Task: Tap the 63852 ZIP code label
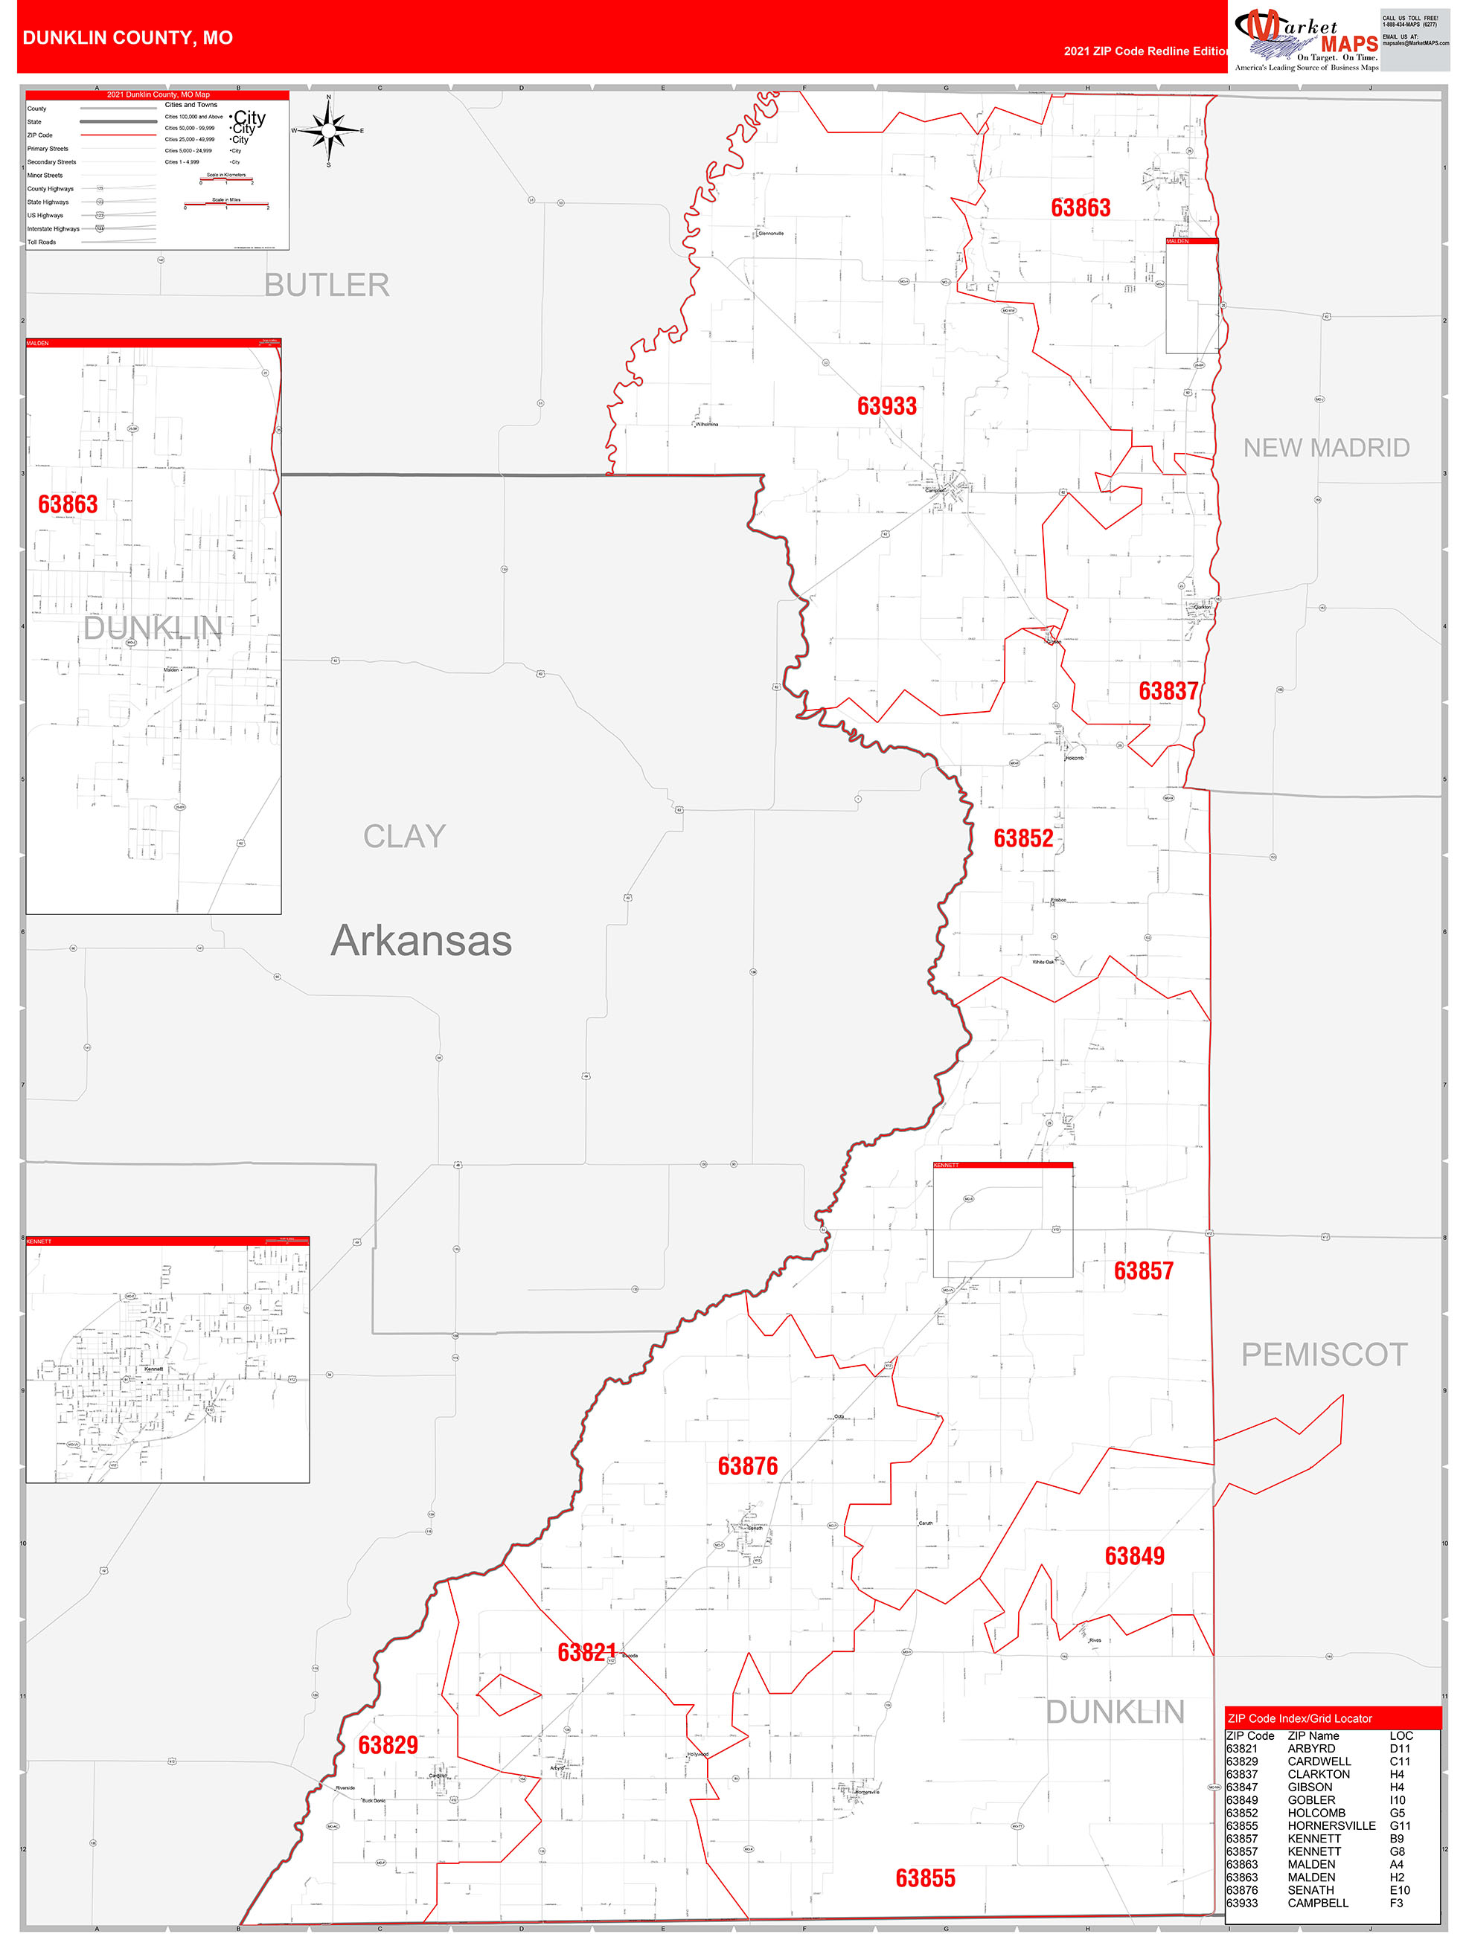(x=1022, y=838)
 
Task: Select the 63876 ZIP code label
(x=747, y=1466)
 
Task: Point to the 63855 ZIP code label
(x=924, y=1878)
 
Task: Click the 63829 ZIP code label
(x=388, y=1745)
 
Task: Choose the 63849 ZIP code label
(x=1133, y=1555)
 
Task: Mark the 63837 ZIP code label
(x=1168, y=691)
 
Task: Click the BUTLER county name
(x=326, y=285)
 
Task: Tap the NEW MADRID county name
(x=1326, y=448)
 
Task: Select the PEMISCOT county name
(x=1323, y=1355)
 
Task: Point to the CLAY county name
(x=404, y=837)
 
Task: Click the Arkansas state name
(x=420, y=942)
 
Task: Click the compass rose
(x=328, y=130)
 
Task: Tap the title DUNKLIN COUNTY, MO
(x=128, y=38)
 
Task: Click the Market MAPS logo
(x=1306, y=39)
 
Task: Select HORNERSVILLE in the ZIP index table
(x=1331, y=1825)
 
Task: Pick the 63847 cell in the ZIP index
(x=1241, y=1787)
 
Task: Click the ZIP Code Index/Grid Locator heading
(x=1299, y=1718)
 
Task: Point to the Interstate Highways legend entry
(x=54, y=229)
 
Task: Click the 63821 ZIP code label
(x=586, y=1651)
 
